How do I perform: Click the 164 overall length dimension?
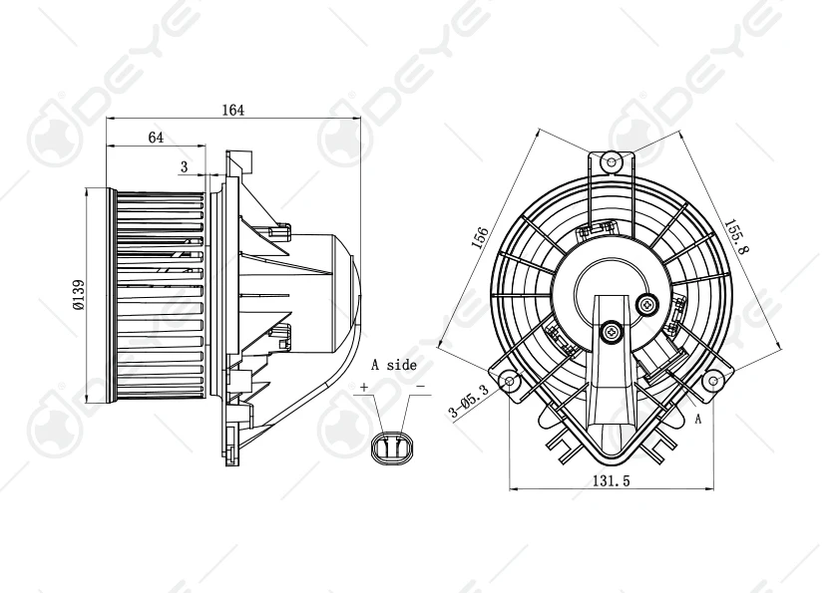pos(232,110)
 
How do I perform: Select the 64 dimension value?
pos(156,138)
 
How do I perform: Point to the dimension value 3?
pos(185,165)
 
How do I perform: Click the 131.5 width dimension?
pos(611,479)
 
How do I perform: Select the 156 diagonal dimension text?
pos(480,237)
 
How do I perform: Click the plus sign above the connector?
pos(364,387)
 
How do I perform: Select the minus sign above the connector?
pos(420,387)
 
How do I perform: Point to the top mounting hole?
pos(612,159)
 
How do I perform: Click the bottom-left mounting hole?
pos(510,382)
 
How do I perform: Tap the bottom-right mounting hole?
pos(712,381)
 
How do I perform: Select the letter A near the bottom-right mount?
pos(698,420)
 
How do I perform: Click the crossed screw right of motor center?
pos(649,303)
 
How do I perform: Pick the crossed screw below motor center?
pos(611,330)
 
